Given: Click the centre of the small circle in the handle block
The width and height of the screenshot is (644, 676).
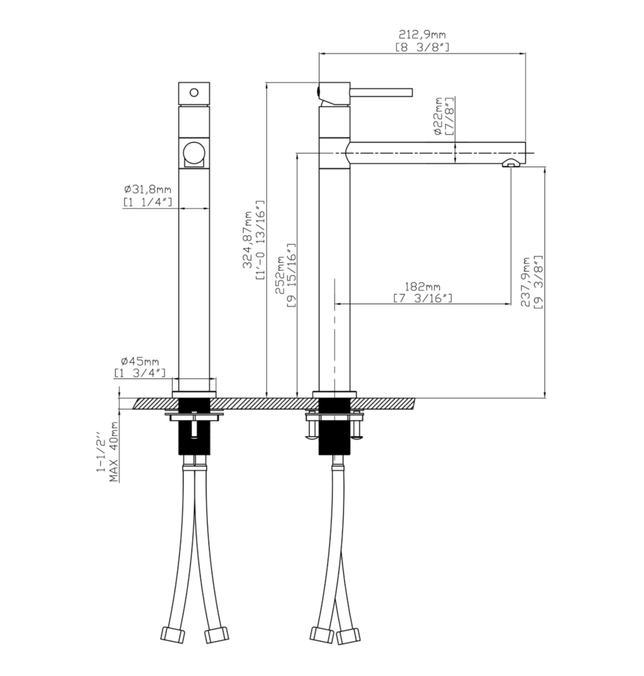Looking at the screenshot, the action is coord(194,92).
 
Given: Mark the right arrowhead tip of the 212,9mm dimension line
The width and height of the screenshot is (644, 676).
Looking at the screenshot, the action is coord(525,53).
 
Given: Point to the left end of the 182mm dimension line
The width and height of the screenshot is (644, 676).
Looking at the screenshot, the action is coord(335,303).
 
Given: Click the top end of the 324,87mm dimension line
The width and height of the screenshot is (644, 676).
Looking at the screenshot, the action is coord(267,83).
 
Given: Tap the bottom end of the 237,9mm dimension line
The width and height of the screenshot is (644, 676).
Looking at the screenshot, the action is coord(544,398).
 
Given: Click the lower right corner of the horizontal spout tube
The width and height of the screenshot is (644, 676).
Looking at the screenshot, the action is coord(525,163).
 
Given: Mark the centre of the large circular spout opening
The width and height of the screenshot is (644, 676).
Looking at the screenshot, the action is coord(194,153).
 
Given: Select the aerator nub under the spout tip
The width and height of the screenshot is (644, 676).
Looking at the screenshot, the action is coord(510,163).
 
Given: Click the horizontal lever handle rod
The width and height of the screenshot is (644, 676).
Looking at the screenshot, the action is coord(381,92).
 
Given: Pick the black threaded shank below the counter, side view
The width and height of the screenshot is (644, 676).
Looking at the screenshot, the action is coord(334,426).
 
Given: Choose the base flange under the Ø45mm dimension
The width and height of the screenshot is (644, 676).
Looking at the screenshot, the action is coord(194,394).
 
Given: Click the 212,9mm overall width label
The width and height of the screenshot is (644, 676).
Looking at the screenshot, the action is coord(422,35).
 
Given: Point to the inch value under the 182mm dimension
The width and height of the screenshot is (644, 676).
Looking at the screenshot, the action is coord(423,298).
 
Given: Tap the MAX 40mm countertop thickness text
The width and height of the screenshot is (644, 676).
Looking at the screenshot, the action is coord(114,451).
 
